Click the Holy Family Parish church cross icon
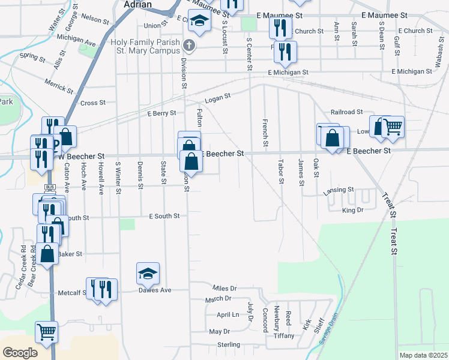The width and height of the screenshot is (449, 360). [189, 46]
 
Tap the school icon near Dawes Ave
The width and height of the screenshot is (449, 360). [148, 274]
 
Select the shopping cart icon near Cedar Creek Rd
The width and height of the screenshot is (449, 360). [46, 331]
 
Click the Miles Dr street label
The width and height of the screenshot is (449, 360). [225, 289]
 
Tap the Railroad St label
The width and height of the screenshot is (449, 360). [346, 112]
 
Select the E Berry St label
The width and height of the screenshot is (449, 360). [161, 113]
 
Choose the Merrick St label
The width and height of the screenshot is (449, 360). [58, 88]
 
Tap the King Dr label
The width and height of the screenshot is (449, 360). [352, 210]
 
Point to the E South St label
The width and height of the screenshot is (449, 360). [164, 216]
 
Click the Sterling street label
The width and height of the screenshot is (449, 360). [228, 345]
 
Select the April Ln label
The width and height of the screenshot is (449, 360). [228, 315]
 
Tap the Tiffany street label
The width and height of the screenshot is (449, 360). [284, 336]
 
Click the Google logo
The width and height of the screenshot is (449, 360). [20, 353]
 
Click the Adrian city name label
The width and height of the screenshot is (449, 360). [137, 4]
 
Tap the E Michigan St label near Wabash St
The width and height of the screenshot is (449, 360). [411, 72]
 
